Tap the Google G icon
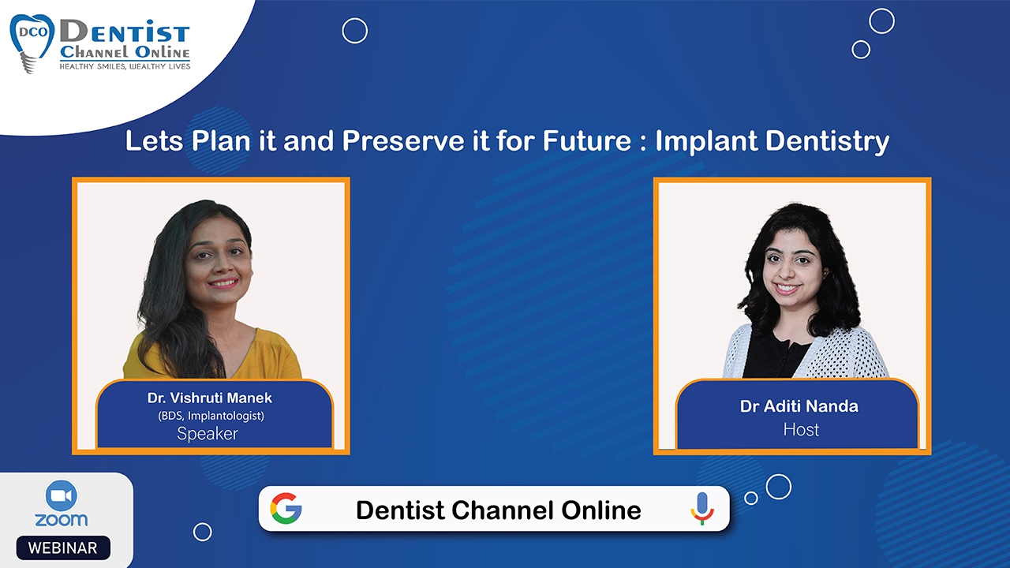pyautogui.click(x=286, y=509)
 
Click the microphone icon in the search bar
pyautogui.click(x=701, y=509)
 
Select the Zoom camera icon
pyautogui.click(x=62, y=496)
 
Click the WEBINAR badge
pyautogui.click(x=63, y=547)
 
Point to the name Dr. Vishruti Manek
pyautogui.click(x=210, y=398)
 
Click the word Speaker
pyautogui.click(x=208, y=434)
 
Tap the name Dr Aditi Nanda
pyautogui.click(x=799, y=406)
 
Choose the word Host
pyautogui.click(x=801, y=430)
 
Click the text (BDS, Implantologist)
pyautogui.click(x=211, y=416)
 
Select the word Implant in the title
pyautogui.click(x=706, y=141)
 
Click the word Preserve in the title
pyautogui.click(x=403, y=140)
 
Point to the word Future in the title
pyautogui.click(x=587, y=140)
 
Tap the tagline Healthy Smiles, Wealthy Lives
pyautogui.click(x=125, y=67)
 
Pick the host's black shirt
pyautogui.click(x=776, y=356)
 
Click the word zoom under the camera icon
pyautogui.click(x=62, y=520)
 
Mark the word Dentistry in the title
pyautogui.click(x=828, y=141)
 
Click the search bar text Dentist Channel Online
pyautogui.click(x=498, y=510)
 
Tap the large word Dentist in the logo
pyautogui.click(x=125, y=32)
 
